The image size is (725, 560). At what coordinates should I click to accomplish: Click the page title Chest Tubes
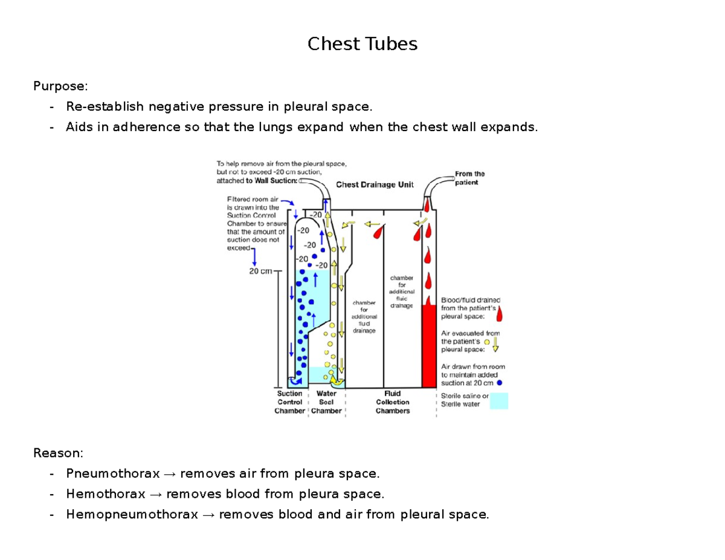point(362,44)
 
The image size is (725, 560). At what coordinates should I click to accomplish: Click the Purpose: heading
point(56,86)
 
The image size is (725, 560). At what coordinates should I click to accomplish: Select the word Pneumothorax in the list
point(113,473)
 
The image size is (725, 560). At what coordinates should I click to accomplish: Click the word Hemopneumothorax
point(132,515)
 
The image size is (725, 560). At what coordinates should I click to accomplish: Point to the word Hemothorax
point(106,494)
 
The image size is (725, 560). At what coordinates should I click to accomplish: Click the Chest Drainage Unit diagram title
point(375,185)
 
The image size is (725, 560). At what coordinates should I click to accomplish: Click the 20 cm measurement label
point(261,271)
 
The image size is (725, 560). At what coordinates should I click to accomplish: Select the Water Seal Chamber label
point(326,402)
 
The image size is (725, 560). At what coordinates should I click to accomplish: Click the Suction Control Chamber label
point(289,402)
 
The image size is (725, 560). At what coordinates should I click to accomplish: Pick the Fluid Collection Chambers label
point(392,402)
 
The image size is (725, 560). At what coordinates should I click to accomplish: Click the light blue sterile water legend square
point(498,401)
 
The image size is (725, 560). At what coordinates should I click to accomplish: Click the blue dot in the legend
point(499,383)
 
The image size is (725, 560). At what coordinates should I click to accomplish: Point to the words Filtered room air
point(249,199)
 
